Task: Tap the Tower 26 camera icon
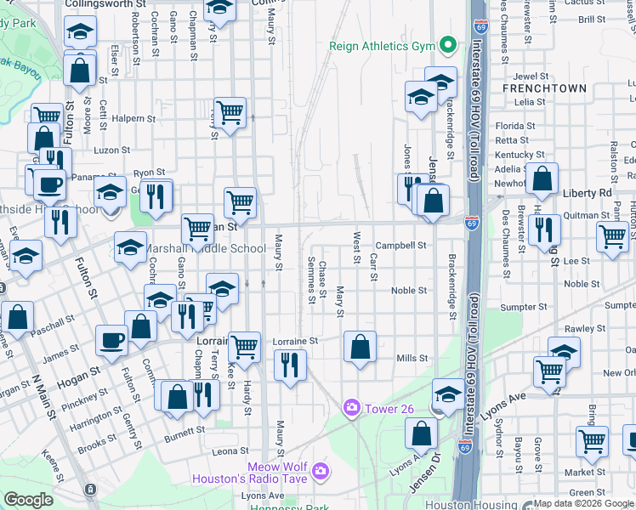coord(351,409)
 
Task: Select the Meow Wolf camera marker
coord(320,470)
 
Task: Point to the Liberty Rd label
coord(587,194)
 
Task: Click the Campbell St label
coord(400,246)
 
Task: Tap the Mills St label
coord(412,359)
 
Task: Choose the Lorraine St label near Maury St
coord(295,342)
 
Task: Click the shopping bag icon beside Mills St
coord(361,346)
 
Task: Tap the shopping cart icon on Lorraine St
coord(245,347)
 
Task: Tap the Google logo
coord(29,500)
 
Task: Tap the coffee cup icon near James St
coord(111,341)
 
